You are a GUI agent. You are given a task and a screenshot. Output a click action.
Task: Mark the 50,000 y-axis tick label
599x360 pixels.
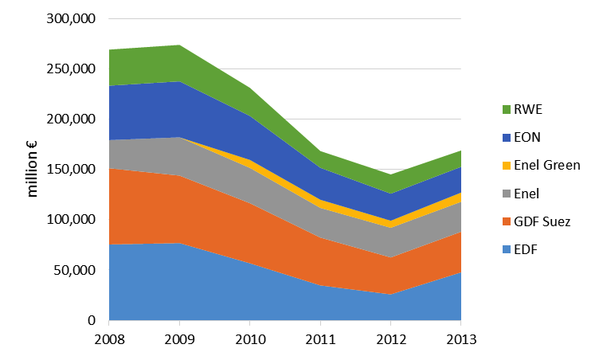pos(76,271)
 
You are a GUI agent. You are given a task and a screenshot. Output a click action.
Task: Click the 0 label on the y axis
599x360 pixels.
pos(92,321)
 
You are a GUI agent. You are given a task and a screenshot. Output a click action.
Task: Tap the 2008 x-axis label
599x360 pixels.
pos(109,339)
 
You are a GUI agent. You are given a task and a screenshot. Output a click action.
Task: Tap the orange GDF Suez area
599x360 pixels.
pos(159,207)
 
